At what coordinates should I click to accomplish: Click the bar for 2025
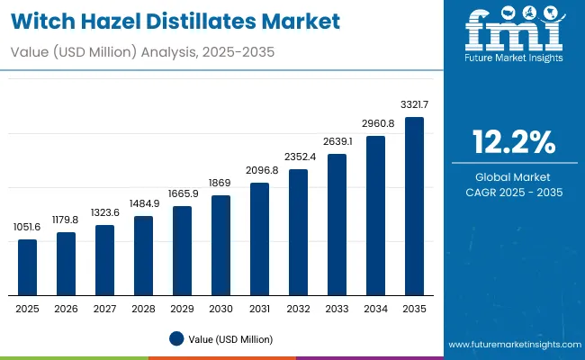28,267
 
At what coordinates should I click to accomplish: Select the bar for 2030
220,245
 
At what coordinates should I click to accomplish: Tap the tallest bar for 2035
414,206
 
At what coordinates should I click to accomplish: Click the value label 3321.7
414,106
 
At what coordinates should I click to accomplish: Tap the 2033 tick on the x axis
337,309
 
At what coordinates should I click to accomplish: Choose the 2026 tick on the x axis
66,309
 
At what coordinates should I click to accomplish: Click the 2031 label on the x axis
259,309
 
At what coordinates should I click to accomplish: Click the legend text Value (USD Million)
229,338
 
